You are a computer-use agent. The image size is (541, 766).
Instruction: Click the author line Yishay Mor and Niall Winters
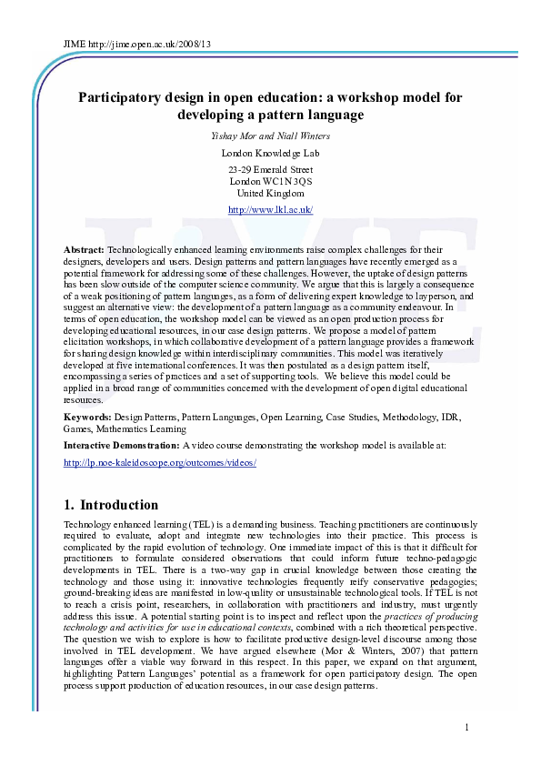tap(269, 136)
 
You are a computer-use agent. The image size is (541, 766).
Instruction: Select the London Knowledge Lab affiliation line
tap(269, 153)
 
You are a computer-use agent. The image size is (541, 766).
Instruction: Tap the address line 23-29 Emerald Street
tap(270, 170)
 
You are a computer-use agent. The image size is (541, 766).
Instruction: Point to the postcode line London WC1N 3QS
tap(270, 182)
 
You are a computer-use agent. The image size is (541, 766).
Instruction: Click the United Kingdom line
tap(270, 194)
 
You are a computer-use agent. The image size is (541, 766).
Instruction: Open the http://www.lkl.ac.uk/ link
tap(270, 210)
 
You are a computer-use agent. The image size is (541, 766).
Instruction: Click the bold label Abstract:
tap(84, 249)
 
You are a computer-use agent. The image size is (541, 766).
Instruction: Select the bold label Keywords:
tap(88, 417)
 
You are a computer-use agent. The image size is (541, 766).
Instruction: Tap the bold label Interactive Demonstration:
tap(122, 446)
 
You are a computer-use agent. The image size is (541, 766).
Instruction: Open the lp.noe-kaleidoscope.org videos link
tap(160, 463)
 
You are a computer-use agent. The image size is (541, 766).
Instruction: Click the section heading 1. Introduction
tap(111, 505)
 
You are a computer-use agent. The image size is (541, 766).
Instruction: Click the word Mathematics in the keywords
tap(121, 428)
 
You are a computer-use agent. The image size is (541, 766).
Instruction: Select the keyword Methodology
tap(403, 417)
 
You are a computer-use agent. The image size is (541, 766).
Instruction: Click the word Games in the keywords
tap(77, 428)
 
